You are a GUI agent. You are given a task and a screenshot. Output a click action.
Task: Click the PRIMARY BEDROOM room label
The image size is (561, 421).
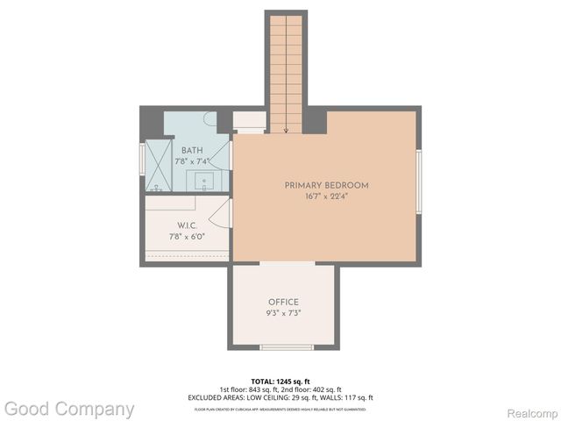click(x=326, y=185)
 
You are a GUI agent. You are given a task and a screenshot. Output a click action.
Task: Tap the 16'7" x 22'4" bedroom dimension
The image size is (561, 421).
click(x=326, y=196)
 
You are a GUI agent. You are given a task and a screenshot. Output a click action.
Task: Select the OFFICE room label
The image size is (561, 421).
click(x=283, y=302)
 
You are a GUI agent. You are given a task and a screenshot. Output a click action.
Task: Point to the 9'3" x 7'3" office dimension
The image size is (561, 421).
click(x=283, y=313)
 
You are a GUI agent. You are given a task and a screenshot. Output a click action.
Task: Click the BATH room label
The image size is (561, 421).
click(x=191, y=150)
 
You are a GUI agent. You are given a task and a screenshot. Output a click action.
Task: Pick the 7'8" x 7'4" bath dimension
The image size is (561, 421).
click(x=191, y=161)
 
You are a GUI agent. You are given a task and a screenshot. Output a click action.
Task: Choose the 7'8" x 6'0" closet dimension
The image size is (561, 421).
click(x=186, y=236)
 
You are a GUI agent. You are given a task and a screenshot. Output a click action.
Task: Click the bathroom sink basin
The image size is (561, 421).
click(x=207, y=182)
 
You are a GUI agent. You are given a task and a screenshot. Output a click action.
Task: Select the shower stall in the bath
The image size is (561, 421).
click(x=159, y=166)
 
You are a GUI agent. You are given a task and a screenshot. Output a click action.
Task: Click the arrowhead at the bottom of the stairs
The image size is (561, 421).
click(x=286, y=130)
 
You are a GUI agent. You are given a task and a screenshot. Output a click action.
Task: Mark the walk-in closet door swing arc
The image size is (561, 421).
click(x=221, y=214)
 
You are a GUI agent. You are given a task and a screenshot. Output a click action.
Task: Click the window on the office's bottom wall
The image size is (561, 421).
click(x=287, y=347)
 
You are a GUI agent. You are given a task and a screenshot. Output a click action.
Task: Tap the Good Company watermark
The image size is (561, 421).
click(x=69, y=409)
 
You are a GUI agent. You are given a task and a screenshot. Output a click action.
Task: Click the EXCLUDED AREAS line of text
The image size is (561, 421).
click(x=280, y=396)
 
